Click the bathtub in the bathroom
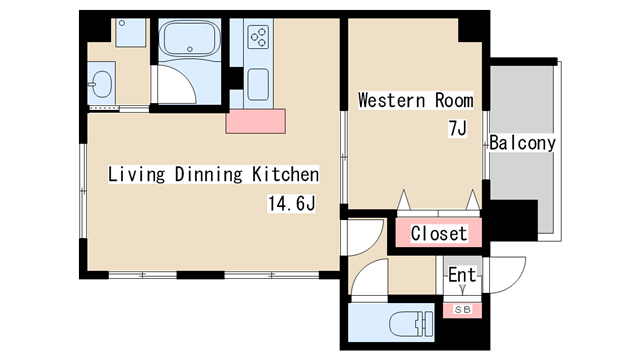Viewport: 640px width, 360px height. coord(190,38)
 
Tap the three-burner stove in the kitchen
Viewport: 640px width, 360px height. coord(258,37)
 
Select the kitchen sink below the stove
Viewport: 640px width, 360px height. coord(258,84)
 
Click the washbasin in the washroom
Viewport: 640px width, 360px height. coord(101,84)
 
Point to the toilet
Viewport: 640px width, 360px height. coord(411,324)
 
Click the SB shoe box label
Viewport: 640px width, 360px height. coord(462,310)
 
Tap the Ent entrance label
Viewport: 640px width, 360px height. coord(462,275)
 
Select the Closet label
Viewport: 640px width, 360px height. coord(439,233)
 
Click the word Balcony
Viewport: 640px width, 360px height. coord(522,143)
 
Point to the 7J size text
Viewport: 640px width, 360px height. coord(457,128)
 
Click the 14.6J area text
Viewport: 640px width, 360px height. coord(291,203)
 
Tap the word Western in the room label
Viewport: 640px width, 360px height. coord(391,100)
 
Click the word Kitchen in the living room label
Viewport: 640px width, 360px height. coord(285,174)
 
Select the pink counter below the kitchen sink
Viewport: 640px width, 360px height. coord(256,121)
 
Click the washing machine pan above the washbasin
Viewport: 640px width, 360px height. coord(131,33)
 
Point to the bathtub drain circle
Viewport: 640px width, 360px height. coord(190,49)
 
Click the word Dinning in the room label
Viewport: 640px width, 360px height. coord(209,174)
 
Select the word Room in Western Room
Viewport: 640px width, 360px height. coord(454,100)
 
